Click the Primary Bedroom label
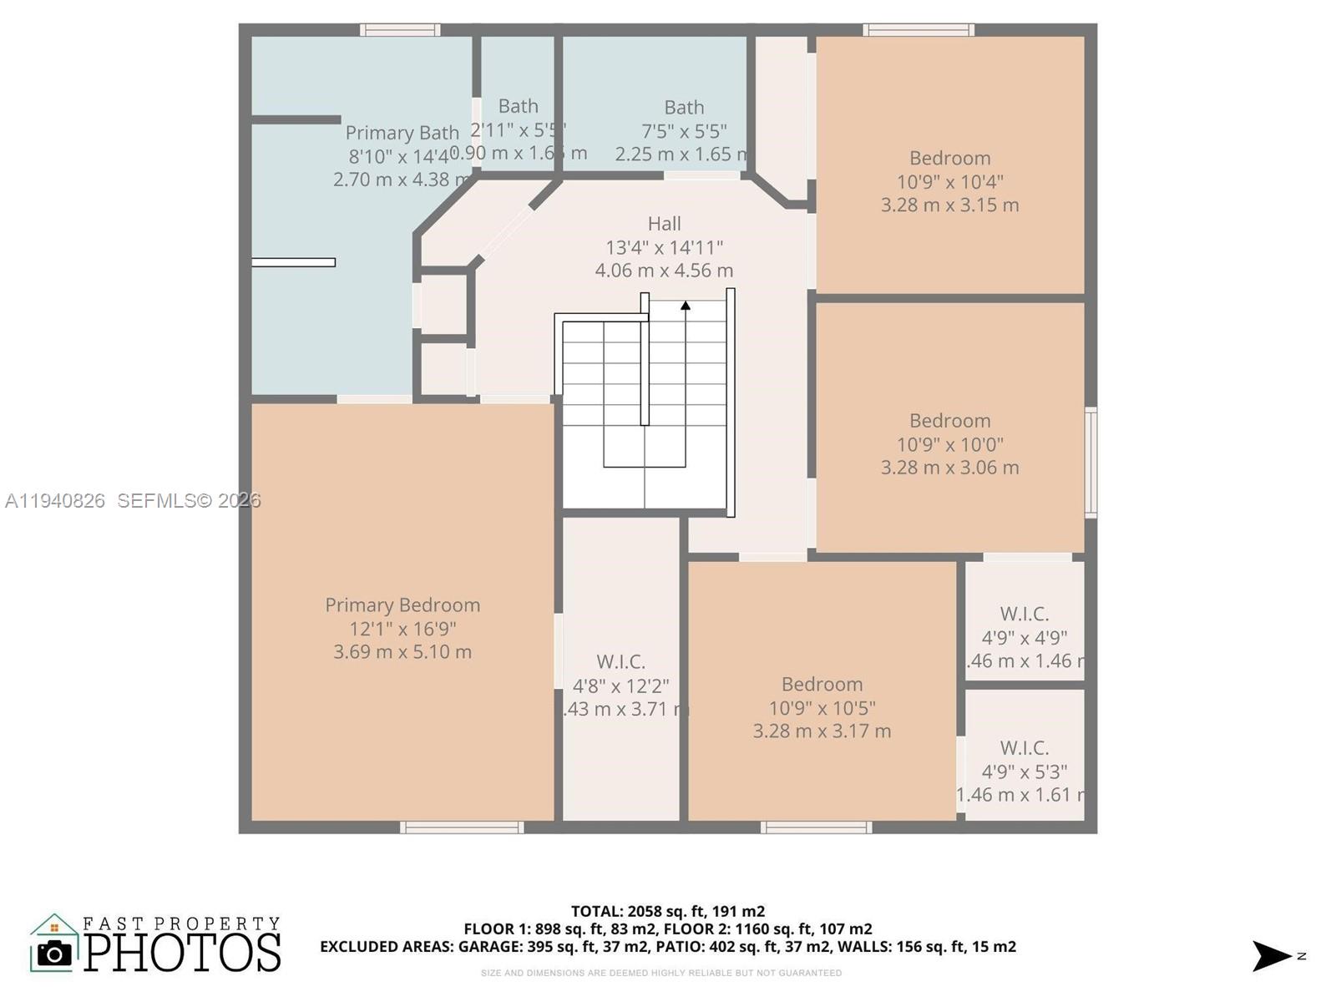pos(402,605)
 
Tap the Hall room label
pos(664,224)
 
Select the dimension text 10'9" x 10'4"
pos(949,182)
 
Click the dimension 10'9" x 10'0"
pos(949,444)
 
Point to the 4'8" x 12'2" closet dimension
pos(620,686)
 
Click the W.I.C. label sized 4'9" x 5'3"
pos(1024,748)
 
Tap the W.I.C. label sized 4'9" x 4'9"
pos(1024,615)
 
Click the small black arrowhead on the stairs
pos(686,306)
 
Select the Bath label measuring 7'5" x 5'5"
pos(684,108)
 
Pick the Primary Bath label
pos(402,133)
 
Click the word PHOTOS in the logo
pos(183,953)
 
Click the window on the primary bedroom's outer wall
pos(462,827)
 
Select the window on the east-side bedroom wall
pos(1091,462)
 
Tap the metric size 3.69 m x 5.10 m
pos(402,652)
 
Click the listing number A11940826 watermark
pos(55,501)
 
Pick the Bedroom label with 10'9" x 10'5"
pos(822,685)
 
